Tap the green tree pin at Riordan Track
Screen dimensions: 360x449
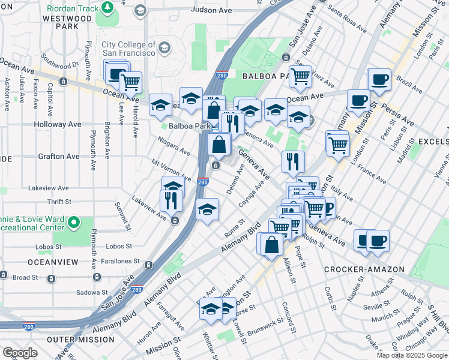[107, 8]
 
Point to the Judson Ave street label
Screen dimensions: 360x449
[211, 10]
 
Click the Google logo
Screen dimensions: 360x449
[20, 353]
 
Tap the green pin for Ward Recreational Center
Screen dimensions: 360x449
[74, 223]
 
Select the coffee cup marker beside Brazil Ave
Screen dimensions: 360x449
[379, 79]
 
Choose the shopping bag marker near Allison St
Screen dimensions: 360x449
[271, 245]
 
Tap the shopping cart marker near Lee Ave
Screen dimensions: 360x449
[130, 82]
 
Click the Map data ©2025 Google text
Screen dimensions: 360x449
[411, 355]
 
